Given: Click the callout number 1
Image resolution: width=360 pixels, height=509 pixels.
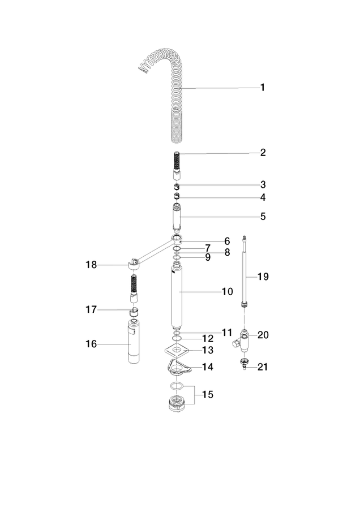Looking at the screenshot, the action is [x=263, y=87].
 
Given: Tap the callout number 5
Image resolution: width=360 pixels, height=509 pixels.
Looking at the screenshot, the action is [x=263, y=217].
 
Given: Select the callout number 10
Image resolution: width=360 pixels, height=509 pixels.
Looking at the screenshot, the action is [x=228, y=291].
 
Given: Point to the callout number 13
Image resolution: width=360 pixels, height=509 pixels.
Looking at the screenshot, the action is [x=208, y=350].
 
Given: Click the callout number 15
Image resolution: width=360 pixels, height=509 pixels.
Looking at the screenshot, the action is [x=208, y=395].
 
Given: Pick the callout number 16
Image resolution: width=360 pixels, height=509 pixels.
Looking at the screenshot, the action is [x=91, y=344].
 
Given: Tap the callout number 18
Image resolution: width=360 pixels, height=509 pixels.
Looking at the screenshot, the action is [x=91, y=265].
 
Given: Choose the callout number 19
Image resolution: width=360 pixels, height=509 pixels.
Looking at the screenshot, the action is [x=263, y=277].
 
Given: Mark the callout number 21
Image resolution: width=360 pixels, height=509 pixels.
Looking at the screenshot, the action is [x=263, y=367].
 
